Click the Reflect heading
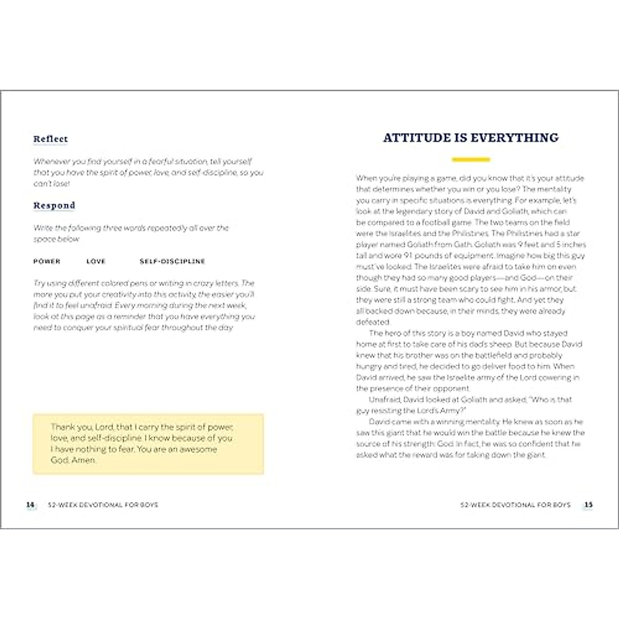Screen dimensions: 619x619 pos(51,139)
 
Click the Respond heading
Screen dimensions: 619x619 pos(54,205)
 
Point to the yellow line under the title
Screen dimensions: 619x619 pos(470,160)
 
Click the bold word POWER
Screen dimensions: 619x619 pos(47,262)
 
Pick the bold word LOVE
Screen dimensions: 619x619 pos(96,262)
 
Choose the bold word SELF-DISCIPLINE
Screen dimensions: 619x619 pos(172,262)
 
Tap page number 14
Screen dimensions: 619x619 pos(30,505)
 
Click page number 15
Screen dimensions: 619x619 pos(589,505)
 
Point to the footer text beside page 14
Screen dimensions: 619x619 pos(103,505)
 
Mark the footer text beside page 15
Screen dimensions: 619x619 pos(515,505)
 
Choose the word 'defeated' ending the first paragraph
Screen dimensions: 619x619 pos(373,322)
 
